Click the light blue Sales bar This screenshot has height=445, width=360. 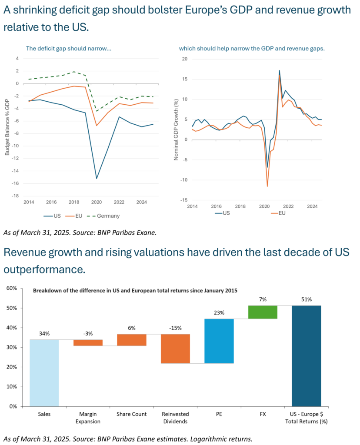coord(44,373)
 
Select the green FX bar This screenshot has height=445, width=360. coord(263,312)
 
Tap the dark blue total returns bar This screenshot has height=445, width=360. coord(306,355)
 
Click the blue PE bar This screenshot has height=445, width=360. coord(219,341)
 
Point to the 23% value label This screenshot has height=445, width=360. coord(219,313)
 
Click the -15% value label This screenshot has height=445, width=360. coord(175,328)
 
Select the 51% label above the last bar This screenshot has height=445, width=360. coord(306,299)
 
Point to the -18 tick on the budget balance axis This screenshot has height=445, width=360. coord(17,196)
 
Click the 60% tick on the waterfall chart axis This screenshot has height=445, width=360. coord(11,289)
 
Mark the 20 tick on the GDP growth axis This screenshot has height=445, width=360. coord(184,59)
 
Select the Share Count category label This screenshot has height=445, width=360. coord(131,414)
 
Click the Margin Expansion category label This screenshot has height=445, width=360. coord(87,418)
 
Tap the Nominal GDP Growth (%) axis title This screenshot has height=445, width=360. coord(176,130)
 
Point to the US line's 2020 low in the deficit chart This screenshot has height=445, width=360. coord(96,178)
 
